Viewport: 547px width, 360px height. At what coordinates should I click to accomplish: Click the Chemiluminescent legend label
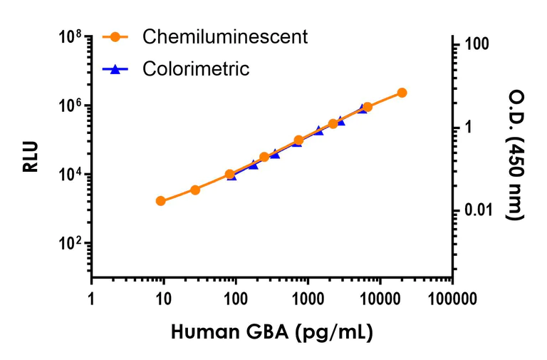pos(225,36)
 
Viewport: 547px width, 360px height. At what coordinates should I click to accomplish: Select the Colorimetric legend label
pos(196,69)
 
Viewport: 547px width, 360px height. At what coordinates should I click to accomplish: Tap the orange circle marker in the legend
pos(115,36)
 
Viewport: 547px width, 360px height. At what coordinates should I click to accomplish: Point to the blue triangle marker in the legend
pos(115,68)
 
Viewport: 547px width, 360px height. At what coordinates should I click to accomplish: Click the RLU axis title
pos(30,158)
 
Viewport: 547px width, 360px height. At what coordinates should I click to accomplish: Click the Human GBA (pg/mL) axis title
pos(272,332)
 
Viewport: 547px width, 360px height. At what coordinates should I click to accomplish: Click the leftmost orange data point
pos(161,201)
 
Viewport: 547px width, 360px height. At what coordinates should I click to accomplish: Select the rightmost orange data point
pos(402,93)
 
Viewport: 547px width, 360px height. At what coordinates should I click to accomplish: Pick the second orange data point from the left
pos(195,190)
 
